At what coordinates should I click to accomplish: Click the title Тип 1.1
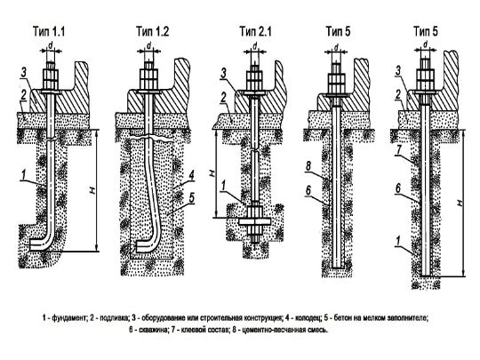click(49, 31)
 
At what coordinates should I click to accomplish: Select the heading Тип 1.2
click(153, 31)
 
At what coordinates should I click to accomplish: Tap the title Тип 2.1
click(256, 31)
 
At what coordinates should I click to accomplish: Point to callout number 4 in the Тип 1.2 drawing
click(191, 176)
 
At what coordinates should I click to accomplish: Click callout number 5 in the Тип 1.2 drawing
click(191, 198)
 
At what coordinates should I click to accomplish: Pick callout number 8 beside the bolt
click(308, 167)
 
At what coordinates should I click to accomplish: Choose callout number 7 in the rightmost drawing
click(397, 150)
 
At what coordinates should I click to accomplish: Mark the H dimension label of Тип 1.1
click(93, 190)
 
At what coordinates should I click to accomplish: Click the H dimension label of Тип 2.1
click(212, 173)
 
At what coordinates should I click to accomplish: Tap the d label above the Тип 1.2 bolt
click(149, 45)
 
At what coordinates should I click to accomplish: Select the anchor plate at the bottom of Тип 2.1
click(255, 221)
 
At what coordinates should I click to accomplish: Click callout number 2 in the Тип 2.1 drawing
click(224, 98)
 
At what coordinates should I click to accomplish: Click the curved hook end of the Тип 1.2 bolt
click(144, 245)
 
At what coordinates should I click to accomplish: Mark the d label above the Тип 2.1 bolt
click(255, 45)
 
